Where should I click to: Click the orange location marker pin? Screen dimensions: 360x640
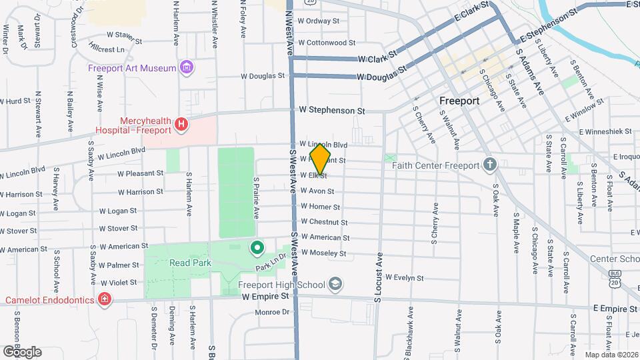coord(321,159)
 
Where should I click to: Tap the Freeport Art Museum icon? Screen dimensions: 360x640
coord(187,68)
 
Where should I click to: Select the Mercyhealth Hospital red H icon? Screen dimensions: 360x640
coord(180,124)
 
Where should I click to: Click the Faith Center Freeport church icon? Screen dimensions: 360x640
coord(490,165)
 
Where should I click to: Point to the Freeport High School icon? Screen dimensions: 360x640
coord(336,285)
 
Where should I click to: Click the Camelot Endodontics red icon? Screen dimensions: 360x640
coord(104,300)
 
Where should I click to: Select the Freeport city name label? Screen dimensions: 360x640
coord(459,101)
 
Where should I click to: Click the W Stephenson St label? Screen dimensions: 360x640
coord(332,109)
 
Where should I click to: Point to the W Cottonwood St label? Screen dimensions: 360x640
coord(327,43)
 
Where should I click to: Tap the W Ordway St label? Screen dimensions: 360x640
coord(319,21)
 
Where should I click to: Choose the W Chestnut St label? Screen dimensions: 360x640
coord(324,222)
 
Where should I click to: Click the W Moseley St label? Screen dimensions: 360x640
coord(323,253)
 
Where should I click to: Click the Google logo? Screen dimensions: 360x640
coord(22,351)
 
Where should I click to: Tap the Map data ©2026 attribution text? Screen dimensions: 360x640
coord(611,355)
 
